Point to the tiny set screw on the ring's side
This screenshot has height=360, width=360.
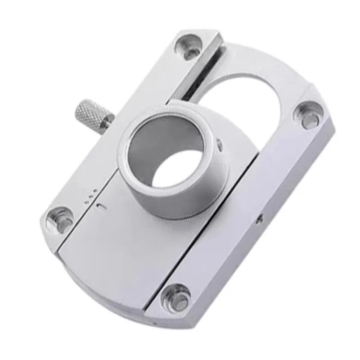pyautogui.click(x=219, y=144)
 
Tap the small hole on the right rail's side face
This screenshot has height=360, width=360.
pyautogui.click(x=259, y=220)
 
